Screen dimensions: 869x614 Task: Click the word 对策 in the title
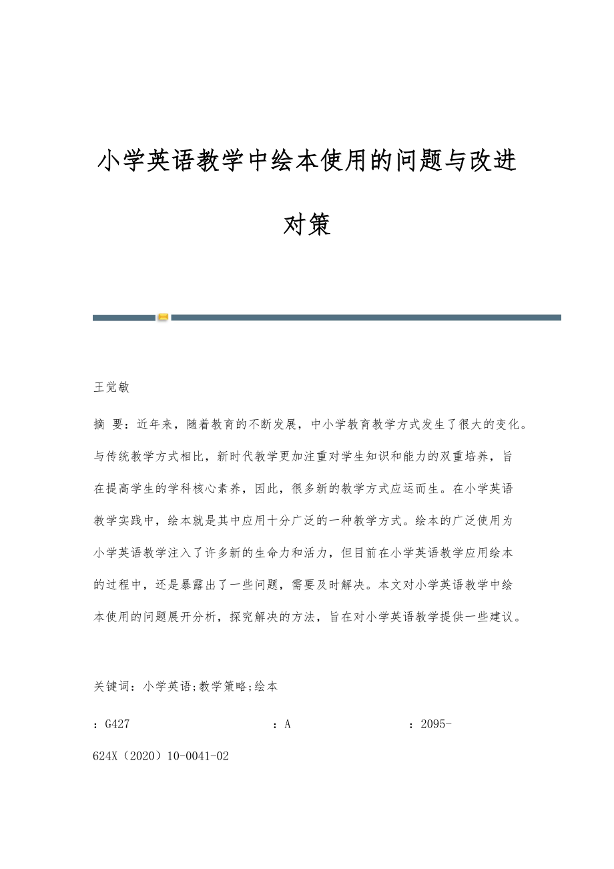point(307,226)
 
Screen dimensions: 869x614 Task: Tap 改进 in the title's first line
point(493,162)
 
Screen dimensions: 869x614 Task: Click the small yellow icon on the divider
point(163,317)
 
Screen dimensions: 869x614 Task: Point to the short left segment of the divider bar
point(124,318)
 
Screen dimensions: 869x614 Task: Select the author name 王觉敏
point(111,387)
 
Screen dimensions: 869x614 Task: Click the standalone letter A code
point(288,723)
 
